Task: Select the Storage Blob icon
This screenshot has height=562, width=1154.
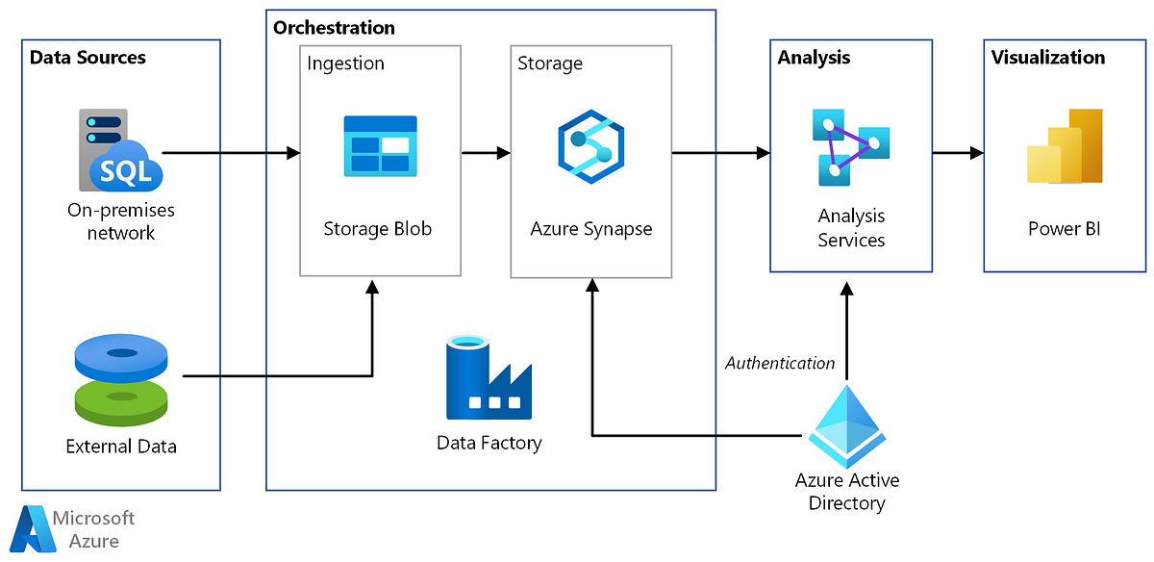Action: [x=380, y=145]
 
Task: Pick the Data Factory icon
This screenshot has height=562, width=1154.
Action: [x=489, y=379]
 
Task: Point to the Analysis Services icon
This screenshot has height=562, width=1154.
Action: [x=850, y=146]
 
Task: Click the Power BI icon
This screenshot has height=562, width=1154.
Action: [x=1064, y=146]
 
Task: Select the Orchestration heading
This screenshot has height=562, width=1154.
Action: [x=334, y=28]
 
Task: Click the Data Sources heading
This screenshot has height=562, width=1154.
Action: [x=88, y=58]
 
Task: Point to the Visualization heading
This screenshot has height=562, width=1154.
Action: [x=1048, y=58]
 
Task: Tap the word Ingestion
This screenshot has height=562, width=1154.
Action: [x=345, y=64]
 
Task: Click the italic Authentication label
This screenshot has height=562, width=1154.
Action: [x=780, y=363]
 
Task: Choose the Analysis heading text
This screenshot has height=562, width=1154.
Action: [x=814, y=58]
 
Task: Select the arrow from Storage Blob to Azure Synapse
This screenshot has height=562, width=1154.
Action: [x=486, y=152]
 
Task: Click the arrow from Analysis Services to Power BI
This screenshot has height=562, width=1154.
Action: [x=958, y=152]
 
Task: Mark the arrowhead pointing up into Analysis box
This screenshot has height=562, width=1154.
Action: [x=846, y=289]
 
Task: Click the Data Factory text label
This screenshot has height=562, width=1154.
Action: [x=489, y=443]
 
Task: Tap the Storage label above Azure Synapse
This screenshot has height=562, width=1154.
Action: [x=550, y=64]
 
